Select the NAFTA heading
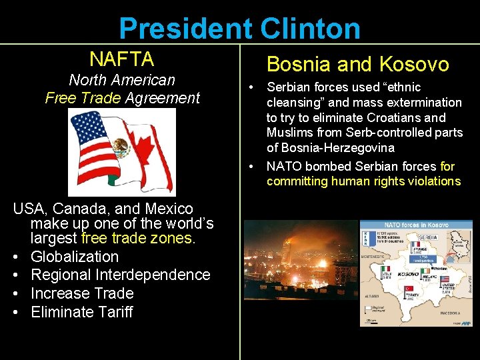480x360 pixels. (x=121, y=59)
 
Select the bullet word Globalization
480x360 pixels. (x=75, y=257)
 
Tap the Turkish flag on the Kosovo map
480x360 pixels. (x=406, y=290)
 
